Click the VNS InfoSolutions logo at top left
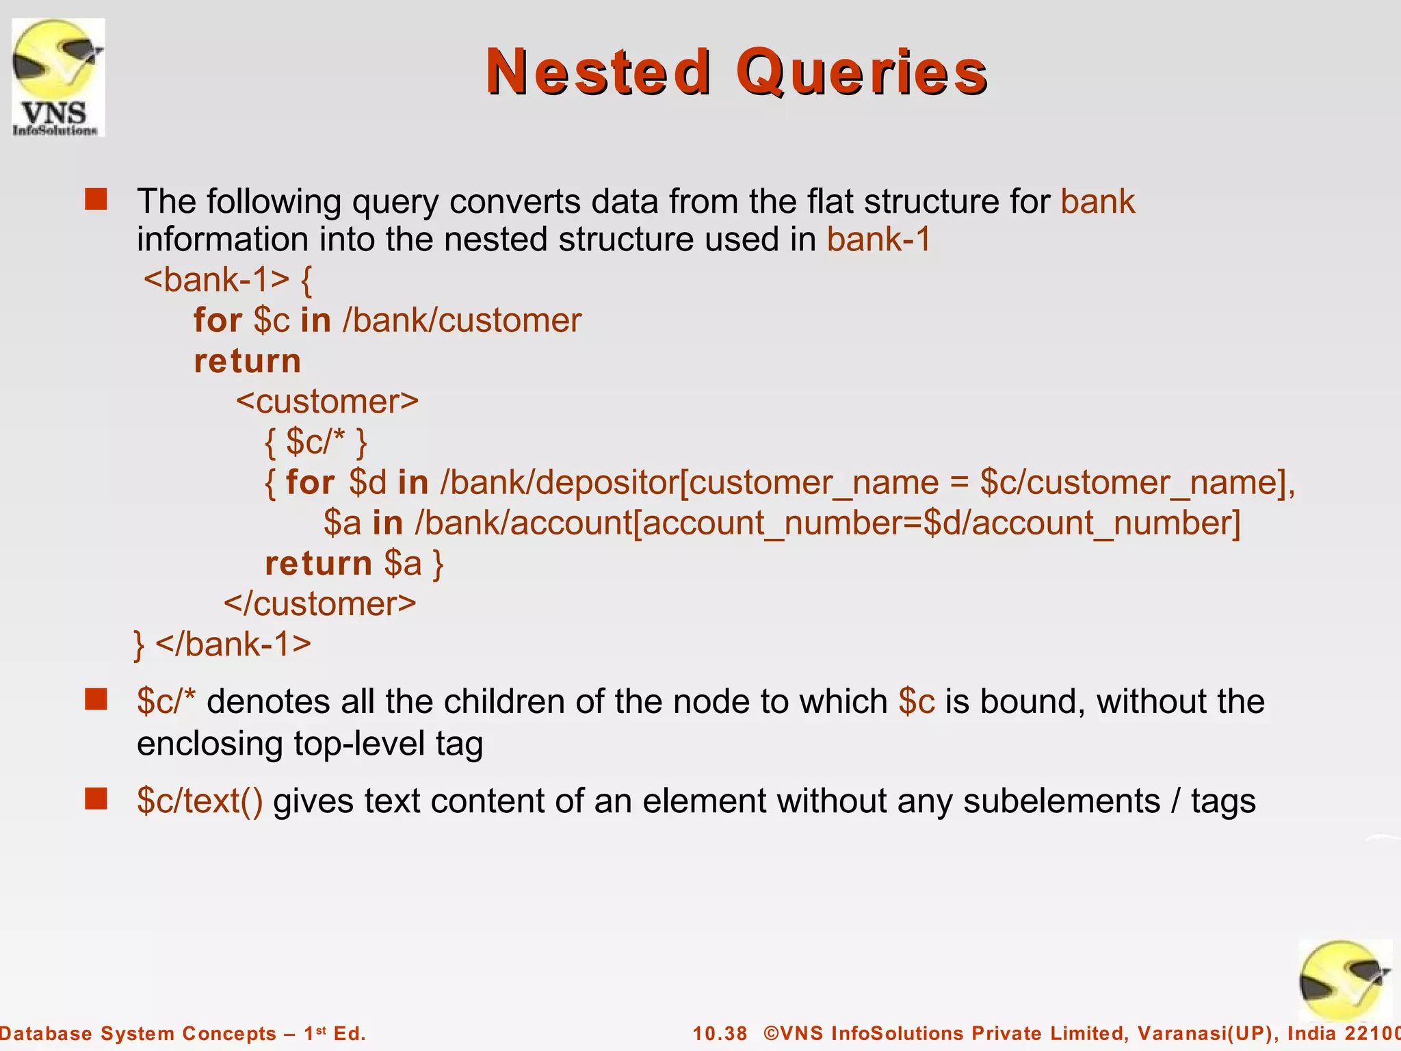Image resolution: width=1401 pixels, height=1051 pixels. (58, 77)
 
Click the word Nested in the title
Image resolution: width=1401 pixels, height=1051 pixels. (598, 72)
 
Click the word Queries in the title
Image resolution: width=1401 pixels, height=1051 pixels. (861, 72)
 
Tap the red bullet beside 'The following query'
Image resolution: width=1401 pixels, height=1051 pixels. (96, 200)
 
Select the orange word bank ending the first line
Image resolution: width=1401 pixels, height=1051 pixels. (1097, 201)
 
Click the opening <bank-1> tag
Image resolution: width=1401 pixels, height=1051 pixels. (216, 279)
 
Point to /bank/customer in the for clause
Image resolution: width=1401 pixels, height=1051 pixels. (462, 320)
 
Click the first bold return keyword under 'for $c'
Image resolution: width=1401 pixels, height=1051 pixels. (247, 361)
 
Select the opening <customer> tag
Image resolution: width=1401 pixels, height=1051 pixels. (327, 401)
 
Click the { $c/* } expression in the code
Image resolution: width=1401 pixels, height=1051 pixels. (316, 442)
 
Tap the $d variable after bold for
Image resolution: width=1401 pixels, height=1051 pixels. (367, 482)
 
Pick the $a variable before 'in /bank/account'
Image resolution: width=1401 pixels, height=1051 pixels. (342, 523)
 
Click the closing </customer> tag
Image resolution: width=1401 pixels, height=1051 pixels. (320, 604)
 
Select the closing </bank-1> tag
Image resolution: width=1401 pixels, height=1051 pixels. (233, 644)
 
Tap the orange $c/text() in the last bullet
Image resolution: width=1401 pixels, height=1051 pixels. (199, 801)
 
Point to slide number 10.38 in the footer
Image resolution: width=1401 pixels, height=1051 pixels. (720, 1033)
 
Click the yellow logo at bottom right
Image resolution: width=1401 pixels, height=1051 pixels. (1344, 980)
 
